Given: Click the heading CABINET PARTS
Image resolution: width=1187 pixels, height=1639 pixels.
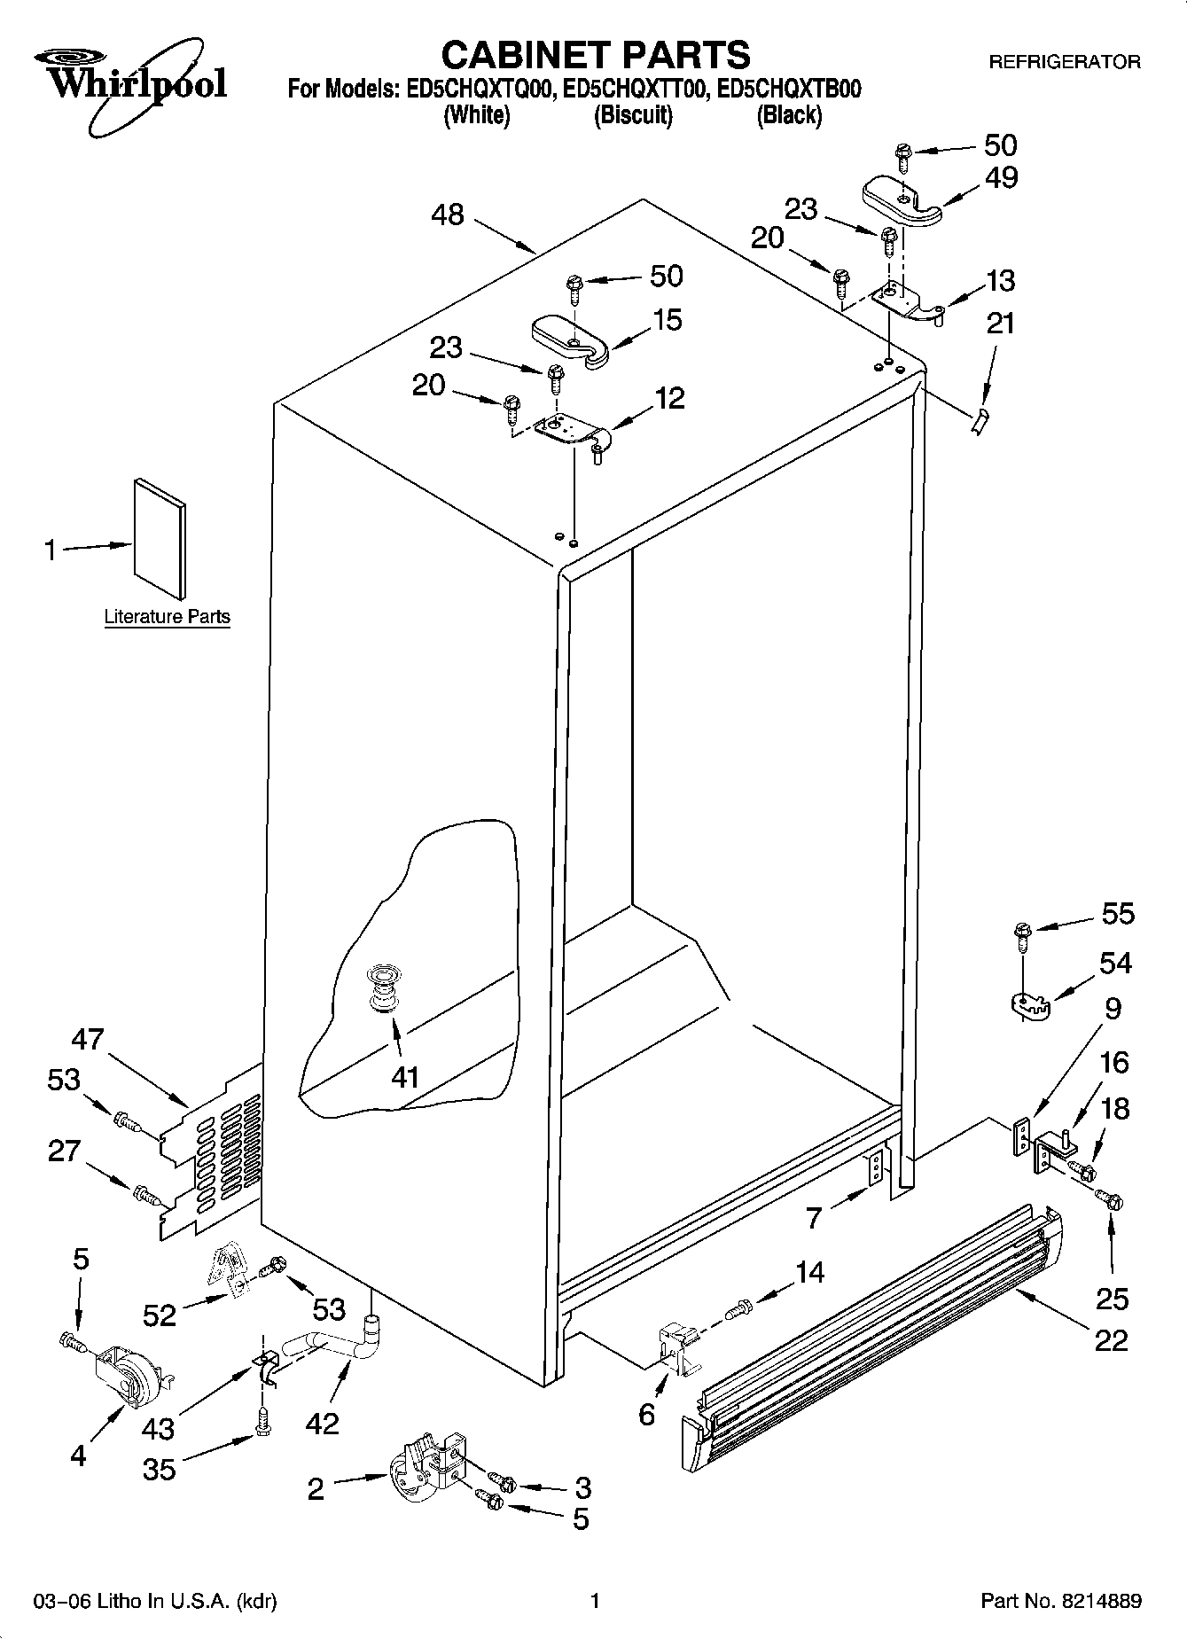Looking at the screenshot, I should (596, 55).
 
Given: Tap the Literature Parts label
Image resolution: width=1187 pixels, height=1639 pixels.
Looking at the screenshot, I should (167, 617).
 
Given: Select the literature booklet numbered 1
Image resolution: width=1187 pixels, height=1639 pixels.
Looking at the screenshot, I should (160, 539).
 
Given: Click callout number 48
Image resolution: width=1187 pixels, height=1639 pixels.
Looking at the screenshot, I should (449, 215).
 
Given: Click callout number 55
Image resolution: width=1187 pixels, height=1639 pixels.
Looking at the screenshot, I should (1117, 913).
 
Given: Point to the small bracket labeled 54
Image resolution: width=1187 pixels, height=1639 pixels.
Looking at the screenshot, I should (1029, 1005).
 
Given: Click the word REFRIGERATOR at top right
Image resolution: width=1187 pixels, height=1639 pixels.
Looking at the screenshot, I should (1064, 62).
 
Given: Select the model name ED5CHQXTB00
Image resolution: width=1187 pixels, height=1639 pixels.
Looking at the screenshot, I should (788, 90).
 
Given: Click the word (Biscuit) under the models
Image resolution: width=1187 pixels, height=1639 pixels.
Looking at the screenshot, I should (633, 115).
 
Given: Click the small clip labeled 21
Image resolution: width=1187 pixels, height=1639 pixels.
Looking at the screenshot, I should (979, 423).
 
